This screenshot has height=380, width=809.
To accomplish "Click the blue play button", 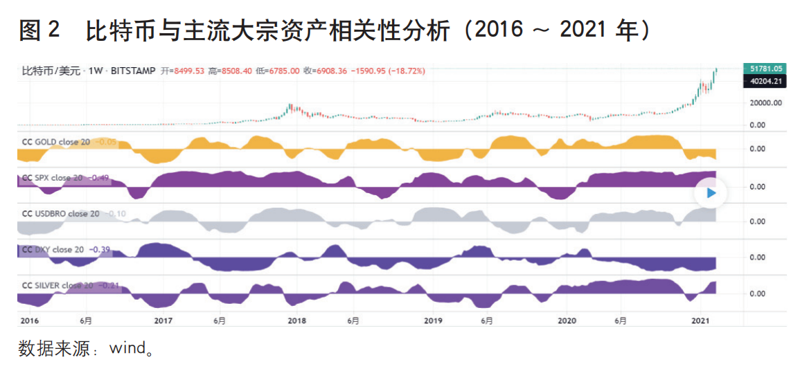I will click(x=711, y=194).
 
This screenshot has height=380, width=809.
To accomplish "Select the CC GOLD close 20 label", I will click(x=56, y=142).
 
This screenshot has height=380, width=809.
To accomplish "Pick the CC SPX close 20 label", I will click(x=53, y=178).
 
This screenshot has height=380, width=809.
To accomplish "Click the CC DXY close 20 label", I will click(x=53, y=249).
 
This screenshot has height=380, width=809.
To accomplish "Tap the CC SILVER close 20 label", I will click(x=57, y=285).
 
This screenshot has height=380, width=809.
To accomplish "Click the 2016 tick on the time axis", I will click(x=29, y=320).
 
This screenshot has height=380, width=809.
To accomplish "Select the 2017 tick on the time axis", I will click(x=163, y=320).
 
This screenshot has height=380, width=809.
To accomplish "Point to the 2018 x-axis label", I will click(x=296, y=320).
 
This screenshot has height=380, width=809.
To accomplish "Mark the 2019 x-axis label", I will click(x=433, y=320).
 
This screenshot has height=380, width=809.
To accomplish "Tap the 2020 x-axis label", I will click(x=567, y=320).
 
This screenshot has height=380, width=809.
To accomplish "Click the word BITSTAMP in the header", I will click(x=133, y=71).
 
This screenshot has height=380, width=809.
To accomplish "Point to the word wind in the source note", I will click(x=125, y=348).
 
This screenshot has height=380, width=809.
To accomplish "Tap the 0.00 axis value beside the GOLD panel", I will click(x=757, y=148).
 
